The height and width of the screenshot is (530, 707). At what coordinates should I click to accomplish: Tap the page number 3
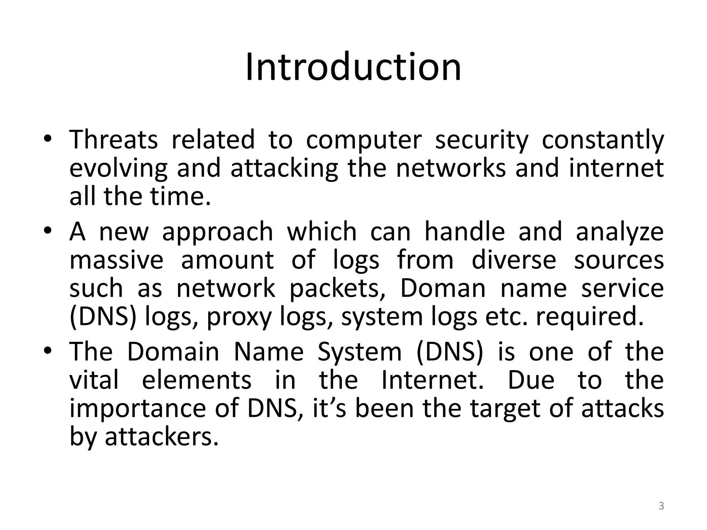[x=661, y=506]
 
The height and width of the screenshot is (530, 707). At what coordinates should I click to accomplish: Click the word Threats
[x=114, y=139]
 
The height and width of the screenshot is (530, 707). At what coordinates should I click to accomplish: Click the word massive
[x=116, y=260]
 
